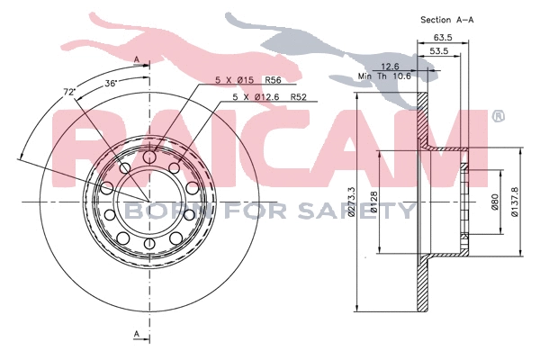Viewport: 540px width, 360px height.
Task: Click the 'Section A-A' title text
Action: tap(448, 19)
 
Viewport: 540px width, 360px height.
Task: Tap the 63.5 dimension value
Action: tap(442, 38)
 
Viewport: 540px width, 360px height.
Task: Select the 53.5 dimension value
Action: tap(438, 52)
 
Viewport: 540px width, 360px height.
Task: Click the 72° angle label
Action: tap(69, 92)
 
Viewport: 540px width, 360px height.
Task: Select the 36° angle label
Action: tap(111, 83)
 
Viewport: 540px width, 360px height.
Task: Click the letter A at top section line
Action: tap(136, 59)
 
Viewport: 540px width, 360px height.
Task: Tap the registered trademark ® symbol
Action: tap(498, 116)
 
